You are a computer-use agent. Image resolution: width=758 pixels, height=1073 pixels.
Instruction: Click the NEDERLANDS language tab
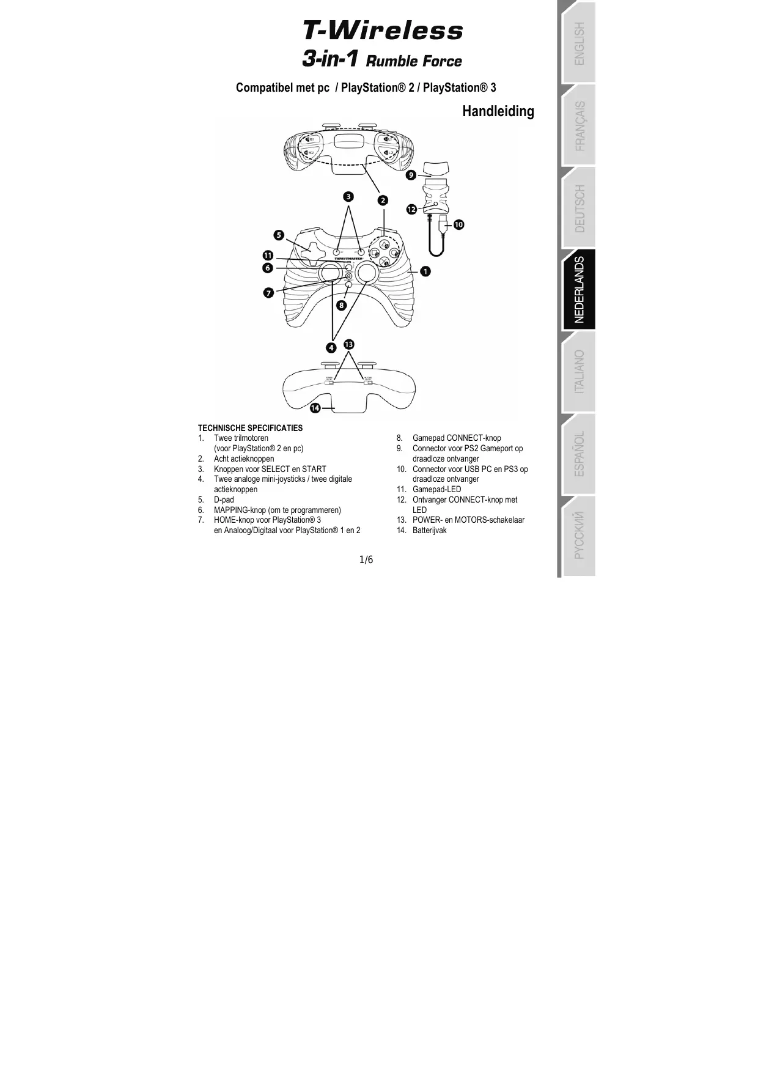click(x=579, y=289)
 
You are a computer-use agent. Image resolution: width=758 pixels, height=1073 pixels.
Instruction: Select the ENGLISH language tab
click(x=579, y=43)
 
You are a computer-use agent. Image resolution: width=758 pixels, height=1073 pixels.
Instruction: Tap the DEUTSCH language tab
click(x=579, y=208)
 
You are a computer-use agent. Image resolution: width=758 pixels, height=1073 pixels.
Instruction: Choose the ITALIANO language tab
click(x=579, y=372)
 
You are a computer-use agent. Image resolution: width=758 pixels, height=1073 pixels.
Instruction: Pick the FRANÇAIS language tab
click(x=579, y=126)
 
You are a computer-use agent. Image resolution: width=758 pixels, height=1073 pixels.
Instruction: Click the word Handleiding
click(x=498, y=111)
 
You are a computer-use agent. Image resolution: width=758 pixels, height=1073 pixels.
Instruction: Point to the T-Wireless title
click(x=383, y=31)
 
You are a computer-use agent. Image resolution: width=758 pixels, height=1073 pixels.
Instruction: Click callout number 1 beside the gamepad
click(x=425, y=270)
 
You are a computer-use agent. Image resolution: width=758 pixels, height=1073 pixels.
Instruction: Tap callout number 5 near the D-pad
click(x=279, y=235)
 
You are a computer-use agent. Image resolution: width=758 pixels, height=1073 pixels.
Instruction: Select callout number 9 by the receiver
click(x=411, y=175)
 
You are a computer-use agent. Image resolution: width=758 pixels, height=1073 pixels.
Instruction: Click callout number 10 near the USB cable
click(x=458, y=224)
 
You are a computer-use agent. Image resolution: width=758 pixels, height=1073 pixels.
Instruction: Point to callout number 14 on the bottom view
click(x=315, y=407)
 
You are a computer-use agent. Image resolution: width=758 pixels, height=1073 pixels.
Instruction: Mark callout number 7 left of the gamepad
click(x=268, y=293)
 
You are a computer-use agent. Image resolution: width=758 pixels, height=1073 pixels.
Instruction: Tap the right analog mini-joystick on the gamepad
click(x=367, y=273)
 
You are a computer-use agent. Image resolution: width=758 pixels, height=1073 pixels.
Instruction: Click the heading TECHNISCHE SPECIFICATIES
click(x=250, y=428)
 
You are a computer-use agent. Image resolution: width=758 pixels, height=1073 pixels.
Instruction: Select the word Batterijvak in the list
click(x=429, y=530)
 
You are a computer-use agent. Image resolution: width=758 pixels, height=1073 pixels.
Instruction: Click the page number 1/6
click(x=366, y=559)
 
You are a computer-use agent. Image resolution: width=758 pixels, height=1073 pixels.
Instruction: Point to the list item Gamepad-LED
click(x=436, y=489)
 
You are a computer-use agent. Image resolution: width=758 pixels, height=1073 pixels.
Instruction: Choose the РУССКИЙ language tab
click(x=579, y=536)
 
